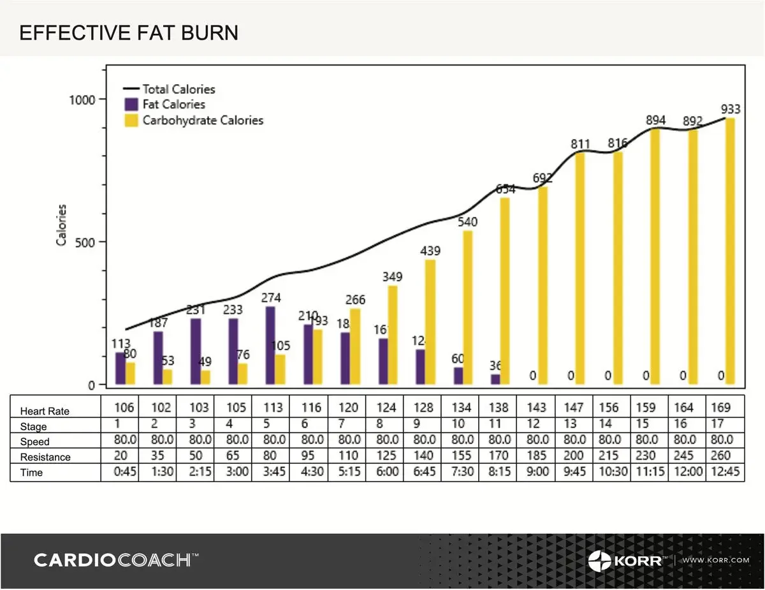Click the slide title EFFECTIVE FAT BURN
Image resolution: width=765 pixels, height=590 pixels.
pos(129,33)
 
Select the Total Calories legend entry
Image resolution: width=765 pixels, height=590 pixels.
pos(178,89)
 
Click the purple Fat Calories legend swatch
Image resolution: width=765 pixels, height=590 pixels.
pos(132,105)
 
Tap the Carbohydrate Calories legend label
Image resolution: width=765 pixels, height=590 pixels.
pos(203,120)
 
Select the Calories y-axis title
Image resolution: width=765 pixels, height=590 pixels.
pos(62,225)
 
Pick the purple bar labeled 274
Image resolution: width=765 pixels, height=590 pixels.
pos(270,345)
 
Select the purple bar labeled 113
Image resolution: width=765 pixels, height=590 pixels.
pos(120,368)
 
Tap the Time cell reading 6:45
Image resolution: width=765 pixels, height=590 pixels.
pos(424,473)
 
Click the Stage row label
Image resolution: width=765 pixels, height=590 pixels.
pos(34,427)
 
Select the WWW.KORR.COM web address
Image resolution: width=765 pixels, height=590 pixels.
pos(715,560)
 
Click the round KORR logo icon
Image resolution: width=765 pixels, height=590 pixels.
pos(599,561)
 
